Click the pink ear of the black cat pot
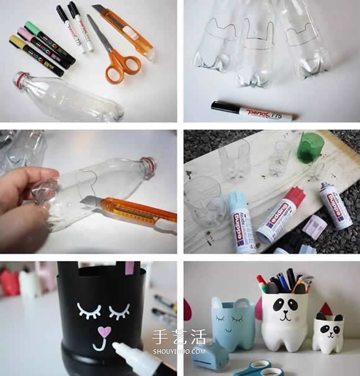pos(130,268)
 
